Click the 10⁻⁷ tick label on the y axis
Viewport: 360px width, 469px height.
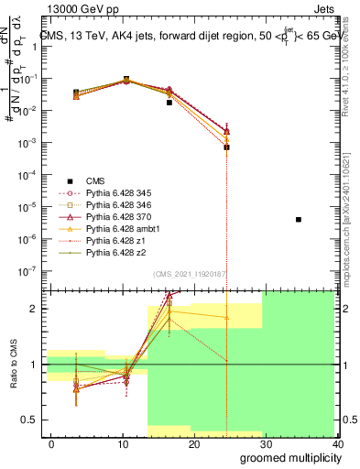[x=25, y=271]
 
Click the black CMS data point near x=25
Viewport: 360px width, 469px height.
[x=226, y=147]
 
